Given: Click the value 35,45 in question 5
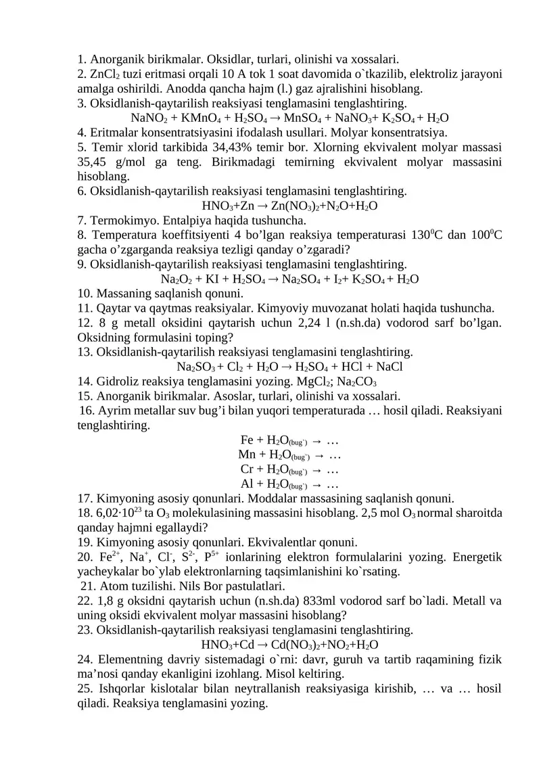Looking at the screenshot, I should pyautogui.click(x=95, y=162).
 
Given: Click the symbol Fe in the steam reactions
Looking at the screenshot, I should pyautogui.click(x=248, y=440).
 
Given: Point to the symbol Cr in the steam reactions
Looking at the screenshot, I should pyautogui.click(x=248, y=469).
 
